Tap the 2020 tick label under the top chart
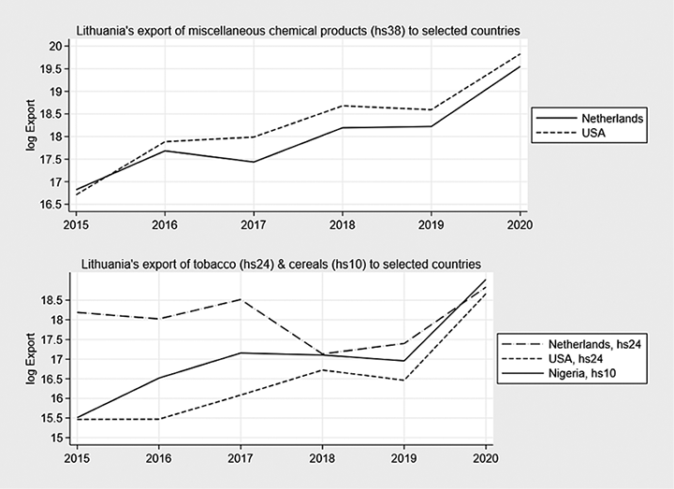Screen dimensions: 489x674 pyautogui.click(x=519, y=226)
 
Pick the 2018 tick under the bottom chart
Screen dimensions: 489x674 pyautogui.click(x=324, y=459)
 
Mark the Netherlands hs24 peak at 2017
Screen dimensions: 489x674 pyautogui.click(x=242, y=299)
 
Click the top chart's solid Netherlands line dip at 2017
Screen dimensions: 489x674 pyautogui.click(x=254, y=162)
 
